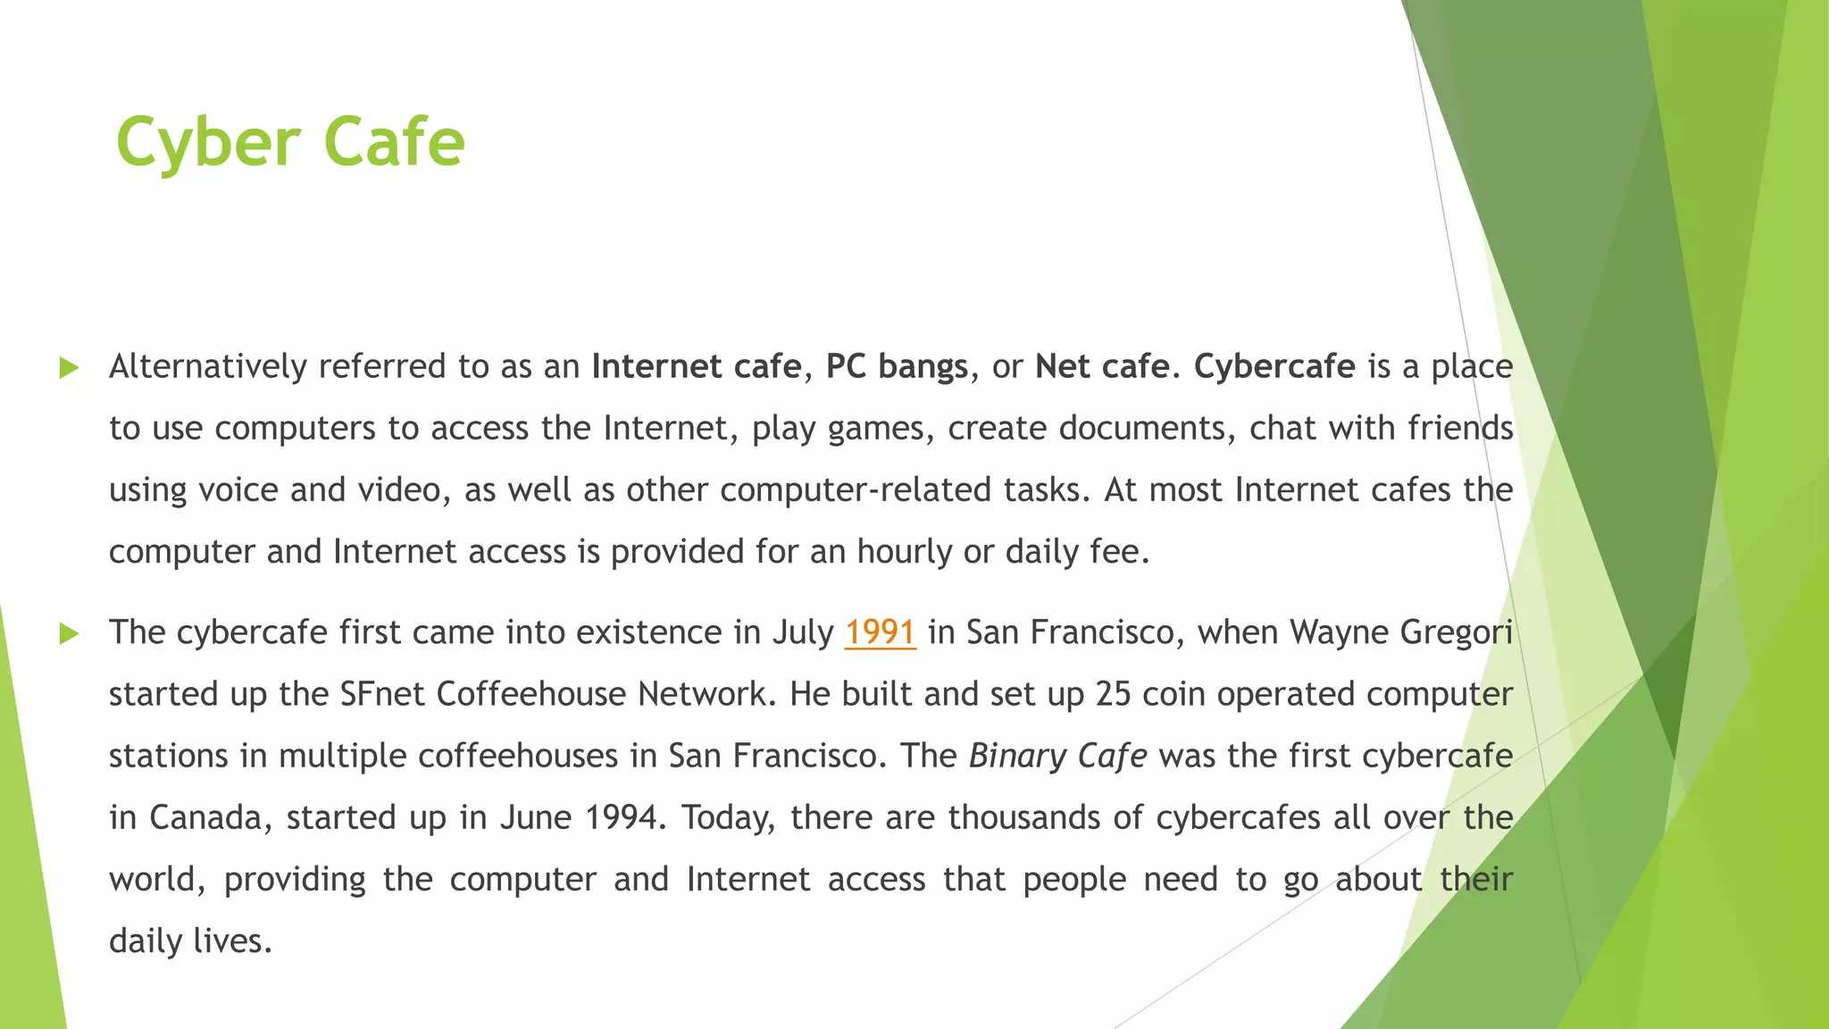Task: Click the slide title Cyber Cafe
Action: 290,142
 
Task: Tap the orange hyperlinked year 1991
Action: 880,632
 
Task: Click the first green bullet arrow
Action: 69,368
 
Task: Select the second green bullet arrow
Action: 69,634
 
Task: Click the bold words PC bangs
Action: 897,367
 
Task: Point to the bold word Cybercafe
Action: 1274,367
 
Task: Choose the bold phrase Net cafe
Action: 1102,367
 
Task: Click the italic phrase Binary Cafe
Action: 1057,757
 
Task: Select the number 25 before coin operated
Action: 1113,695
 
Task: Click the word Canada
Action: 205,818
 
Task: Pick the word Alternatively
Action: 208,367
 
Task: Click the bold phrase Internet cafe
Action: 697,367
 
